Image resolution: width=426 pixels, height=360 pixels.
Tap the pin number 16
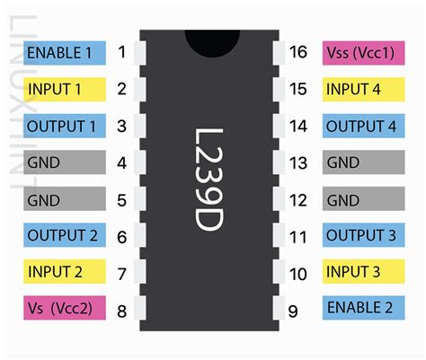[297, 53]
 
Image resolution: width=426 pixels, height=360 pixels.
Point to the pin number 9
[294, 310]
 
